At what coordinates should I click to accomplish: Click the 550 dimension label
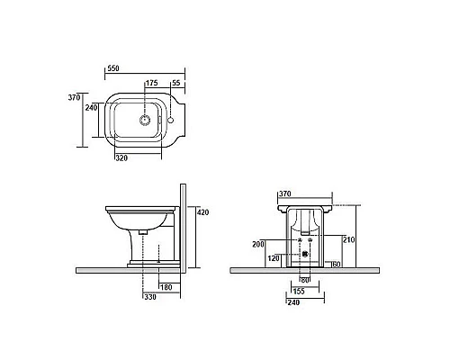point(113,68)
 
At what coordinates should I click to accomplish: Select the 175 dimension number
point(152,83)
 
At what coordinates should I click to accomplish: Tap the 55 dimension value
point(176,83)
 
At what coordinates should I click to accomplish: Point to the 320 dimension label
point(121,157)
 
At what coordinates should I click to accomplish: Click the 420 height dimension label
point(203,212)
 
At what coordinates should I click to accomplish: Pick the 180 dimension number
point(166,287)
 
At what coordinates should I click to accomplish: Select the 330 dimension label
point(150,297)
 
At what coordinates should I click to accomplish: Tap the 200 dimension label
point(258,244)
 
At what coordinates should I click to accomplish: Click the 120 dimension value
point(274,258)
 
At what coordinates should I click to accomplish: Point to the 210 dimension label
point(349,239)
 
